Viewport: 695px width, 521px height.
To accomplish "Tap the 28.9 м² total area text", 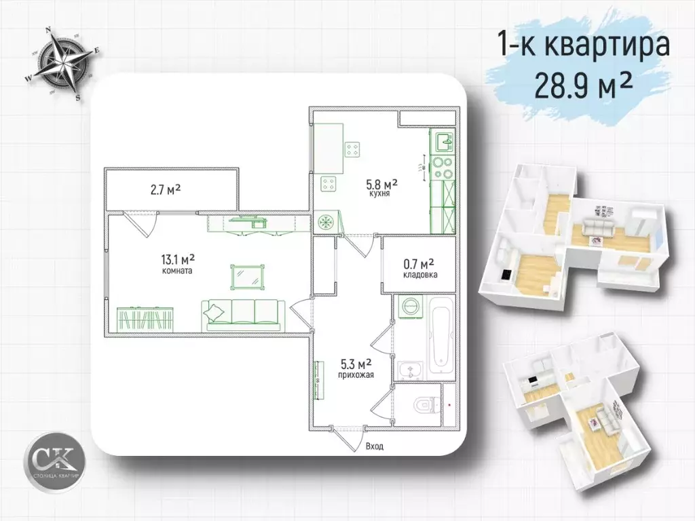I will coord(585,86).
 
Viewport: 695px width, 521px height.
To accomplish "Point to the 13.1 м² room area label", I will coord(178,258).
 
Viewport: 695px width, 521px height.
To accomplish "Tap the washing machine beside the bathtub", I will coord(409,307).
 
